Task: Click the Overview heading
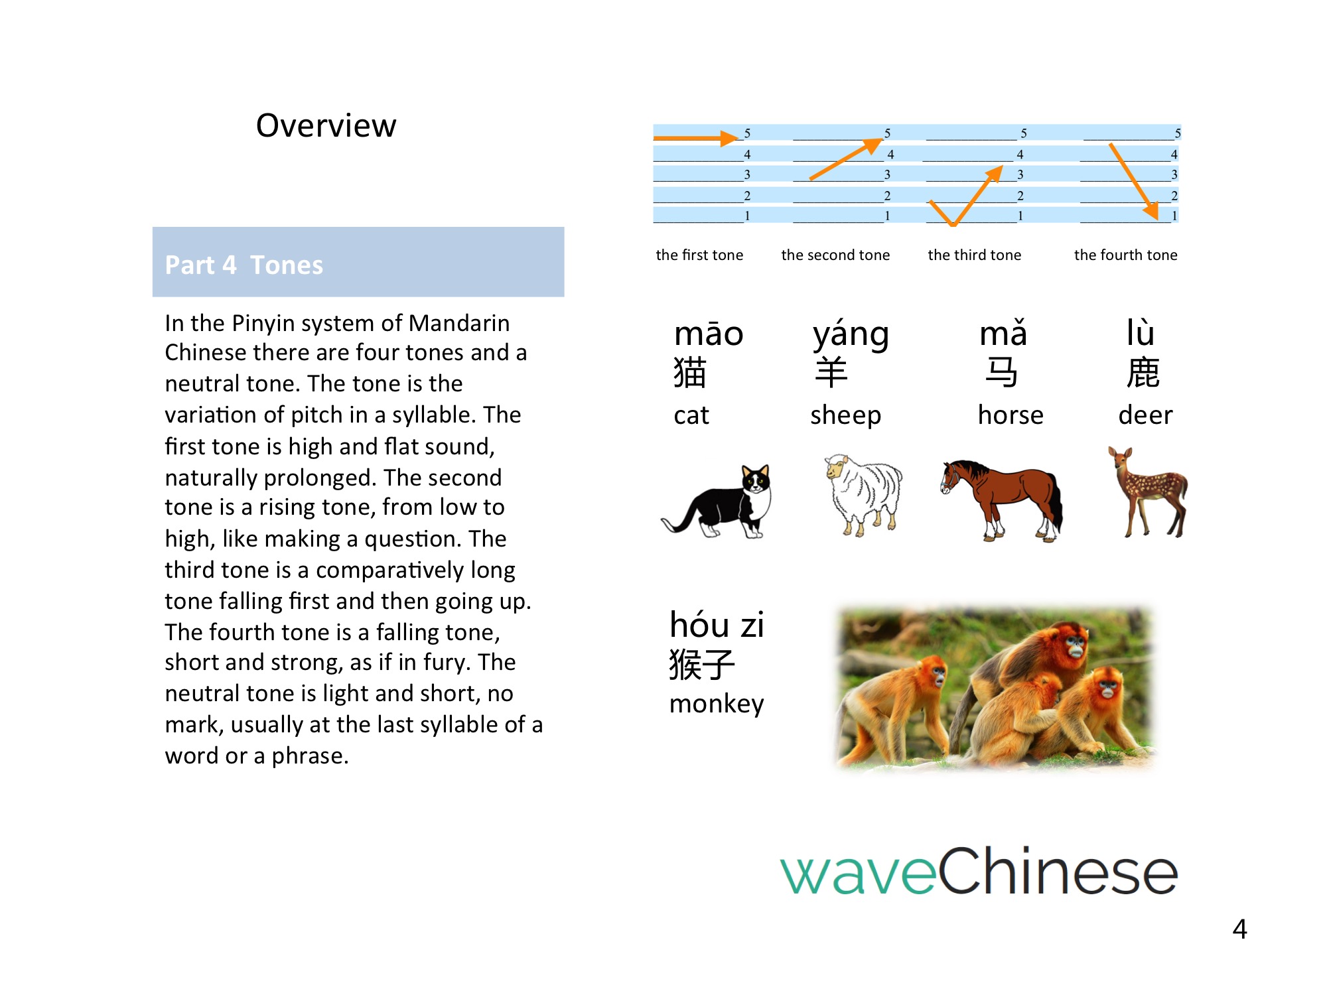point(326,125)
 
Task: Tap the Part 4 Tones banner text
point(244,265)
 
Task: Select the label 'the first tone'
point(699,255)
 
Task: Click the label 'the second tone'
point(835,255)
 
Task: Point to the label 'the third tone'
point(974,255)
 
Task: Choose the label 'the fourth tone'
point(1125,255)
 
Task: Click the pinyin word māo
point(708,333)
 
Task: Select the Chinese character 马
point(1001,372)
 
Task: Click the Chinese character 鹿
point(1143,372)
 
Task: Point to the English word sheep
point(845,416)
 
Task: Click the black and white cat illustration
point(717,501)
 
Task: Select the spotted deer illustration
point(1148,492)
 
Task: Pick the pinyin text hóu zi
point(717,625)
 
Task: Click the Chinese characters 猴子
point(702,665)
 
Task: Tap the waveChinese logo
point(979,871)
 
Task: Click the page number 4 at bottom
point(1239,929)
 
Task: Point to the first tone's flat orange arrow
point(696,138)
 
